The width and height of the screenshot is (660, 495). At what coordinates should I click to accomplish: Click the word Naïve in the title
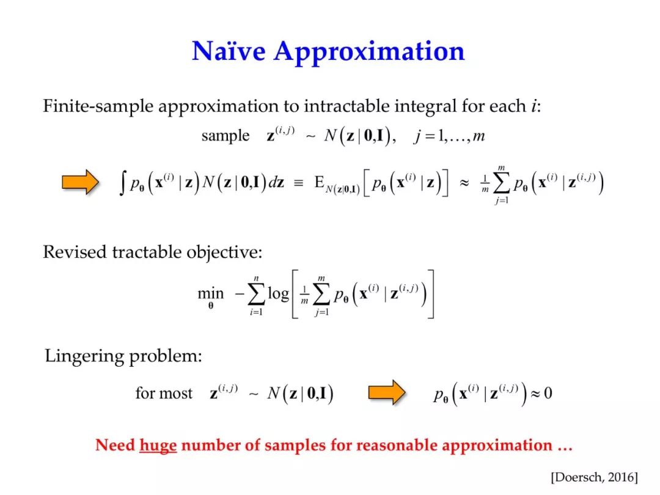229,51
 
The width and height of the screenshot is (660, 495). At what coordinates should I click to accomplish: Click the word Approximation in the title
369,52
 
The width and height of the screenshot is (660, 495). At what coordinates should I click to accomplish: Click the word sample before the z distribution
225,136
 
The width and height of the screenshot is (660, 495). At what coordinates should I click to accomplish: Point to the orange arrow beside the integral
81,182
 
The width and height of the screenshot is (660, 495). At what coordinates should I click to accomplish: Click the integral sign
122,184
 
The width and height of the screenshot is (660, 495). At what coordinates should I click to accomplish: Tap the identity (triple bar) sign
298,183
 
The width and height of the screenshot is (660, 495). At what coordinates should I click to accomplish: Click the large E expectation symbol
320,182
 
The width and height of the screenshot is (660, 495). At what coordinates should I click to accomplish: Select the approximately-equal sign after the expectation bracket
464,183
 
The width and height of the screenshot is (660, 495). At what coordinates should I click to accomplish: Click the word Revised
75,252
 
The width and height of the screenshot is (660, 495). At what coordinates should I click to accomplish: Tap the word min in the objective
210,293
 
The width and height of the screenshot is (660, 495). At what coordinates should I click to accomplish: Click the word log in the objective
279,293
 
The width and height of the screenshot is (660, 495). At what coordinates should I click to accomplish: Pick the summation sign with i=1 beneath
256,294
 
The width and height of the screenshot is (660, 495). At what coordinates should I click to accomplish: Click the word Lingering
84,356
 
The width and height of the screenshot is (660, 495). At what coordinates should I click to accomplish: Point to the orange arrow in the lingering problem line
387,392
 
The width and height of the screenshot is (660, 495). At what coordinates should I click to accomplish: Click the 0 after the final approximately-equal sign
548,393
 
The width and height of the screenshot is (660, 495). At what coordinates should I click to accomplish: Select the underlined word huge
158,446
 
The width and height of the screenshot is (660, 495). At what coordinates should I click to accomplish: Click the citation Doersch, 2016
595,477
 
